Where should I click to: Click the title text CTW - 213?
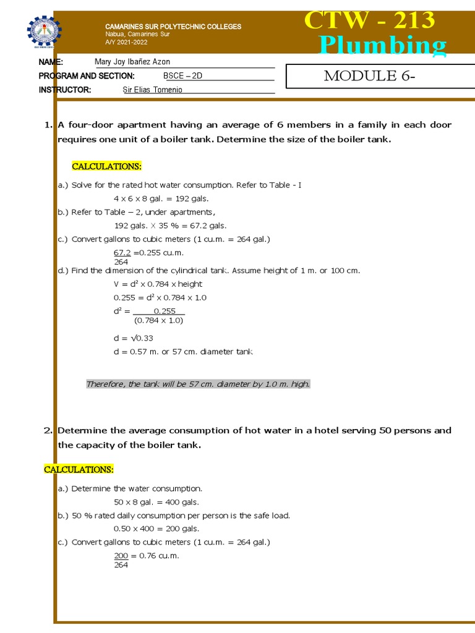(x=370, y=20)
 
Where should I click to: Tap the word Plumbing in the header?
(x=382, y=46)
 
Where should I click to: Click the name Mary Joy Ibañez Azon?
(x=132, y=62)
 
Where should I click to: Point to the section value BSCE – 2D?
(x=183, y=75)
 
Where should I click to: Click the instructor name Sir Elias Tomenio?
(x=153, y=90)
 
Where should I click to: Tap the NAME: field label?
(x=51, y=62)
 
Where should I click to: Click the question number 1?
(x=48, y=125)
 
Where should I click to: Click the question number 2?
(x=48, y=430)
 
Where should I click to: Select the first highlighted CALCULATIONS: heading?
(x=107, y=166)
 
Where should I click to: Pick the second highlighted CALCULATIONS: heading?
(x=79, y=469)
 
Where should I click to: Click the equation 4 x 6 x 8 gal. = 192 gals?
(x=161, y=198)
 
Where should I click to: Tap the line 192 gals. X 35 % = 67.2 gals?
(x=170, y=226)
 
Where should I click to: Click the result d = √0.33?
(x=133, y=338)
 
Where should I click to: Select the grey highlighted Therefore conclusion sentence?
(x=198, y=384)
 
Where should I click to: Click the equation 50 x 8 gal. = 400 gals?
(x=156, y=502)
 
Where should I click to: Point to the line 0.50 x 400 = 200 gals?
(x=156, y=529)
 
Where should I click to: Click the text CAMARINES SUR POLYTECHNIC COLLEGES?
(x=173, y=27)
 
